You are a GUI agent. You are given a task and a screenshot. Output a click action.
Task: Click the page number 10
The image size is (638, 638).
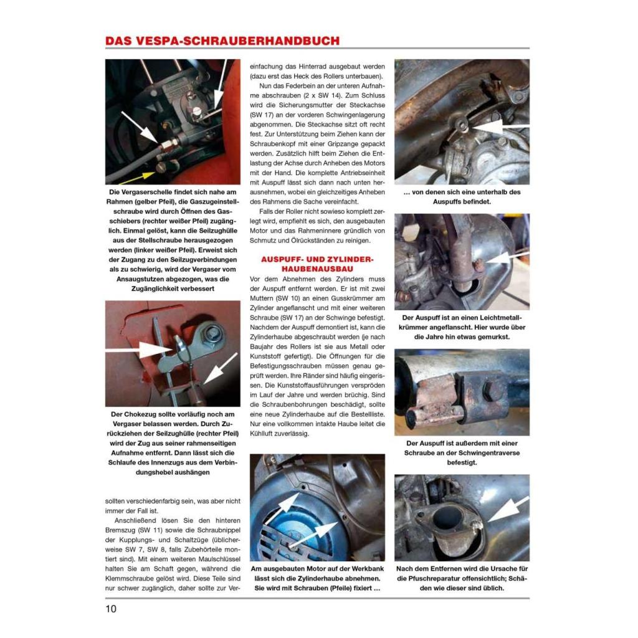point(110,609)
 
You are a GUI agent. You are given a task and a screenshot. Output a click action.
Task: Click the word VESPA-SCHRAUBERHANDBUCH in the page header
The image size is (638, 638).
point(244,41)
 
